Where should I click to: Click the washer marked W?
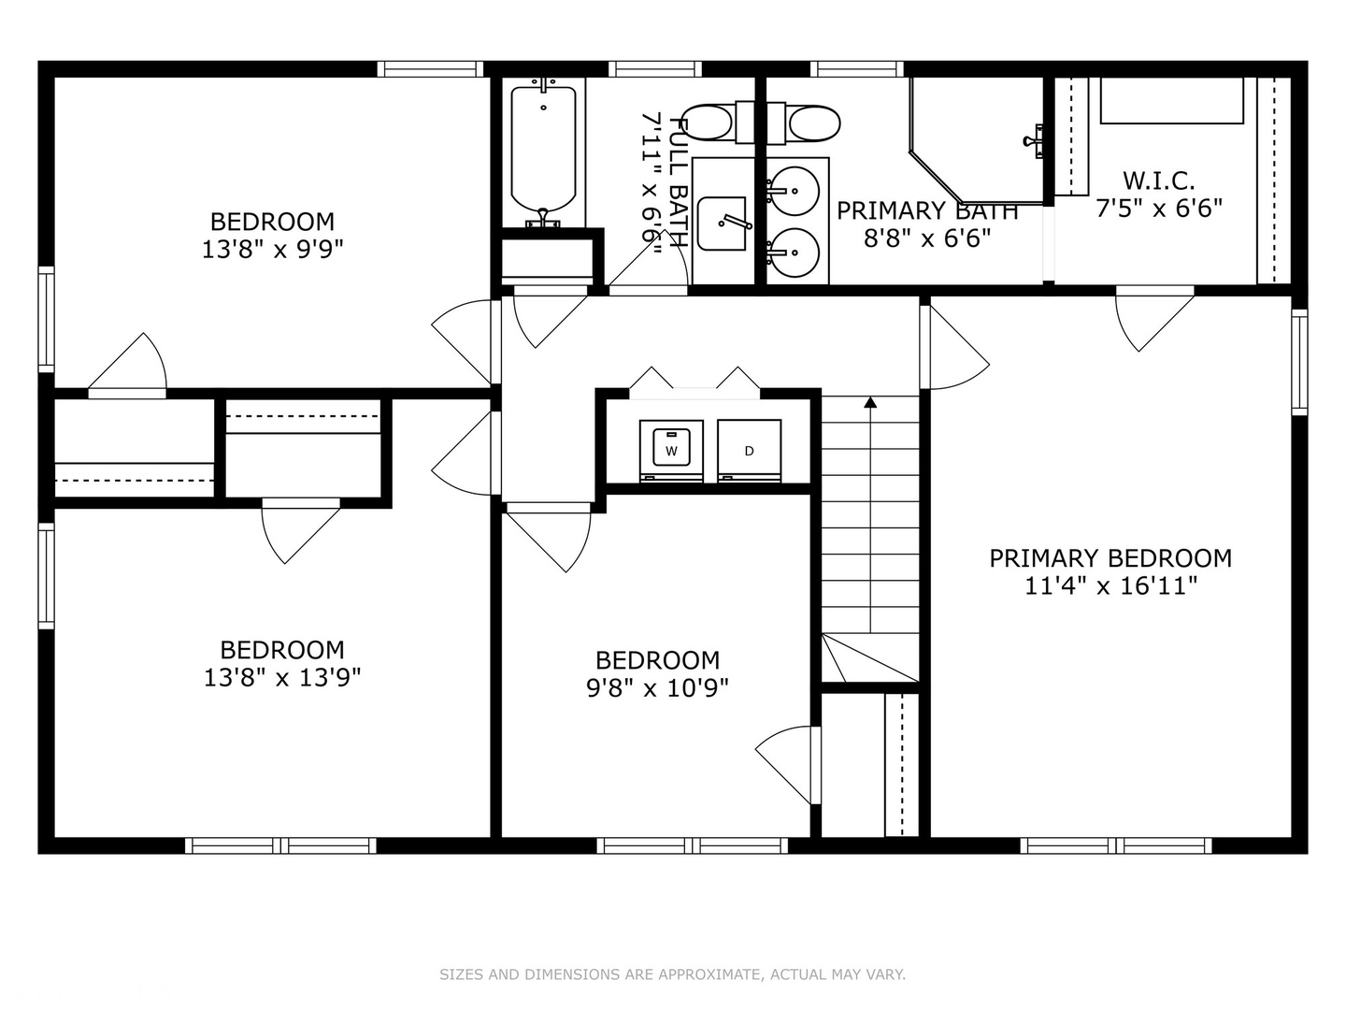click(x=671, y=450)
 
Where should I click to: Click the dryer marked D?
click(x=749, y=450)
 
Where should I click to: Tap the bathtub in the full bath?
click(x=543, y=150)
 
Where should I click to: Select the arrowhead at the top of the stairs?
click(x=870, y=403)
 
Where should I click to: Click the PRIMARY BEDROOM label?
click(x=1110, y=558)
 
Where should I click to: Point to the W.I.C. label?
click(x=1158, y=180)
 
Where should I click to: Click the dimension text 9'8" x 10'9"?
click(x=657, y=688)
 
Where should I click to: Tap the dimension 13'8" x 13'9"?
click(x=282, y=677)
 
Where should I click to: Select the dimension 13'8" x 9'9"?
click(x=272, y=250)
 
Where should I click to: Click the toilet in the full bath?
click(x=708, y=123)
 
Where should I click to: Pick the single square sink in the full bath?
click(x=722, y=224)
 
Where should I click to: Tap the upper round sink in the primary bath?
click(x=795, y=190)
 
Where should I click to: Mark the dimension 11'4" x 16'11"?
click(x=1110, y=586)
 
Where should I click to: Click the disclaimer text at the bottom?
click(x=672, y=974)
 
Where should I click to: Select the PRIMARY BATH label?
click(x=926, y=211)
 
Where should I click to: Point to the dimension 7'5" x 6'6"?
click(x=1158, y=209)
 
